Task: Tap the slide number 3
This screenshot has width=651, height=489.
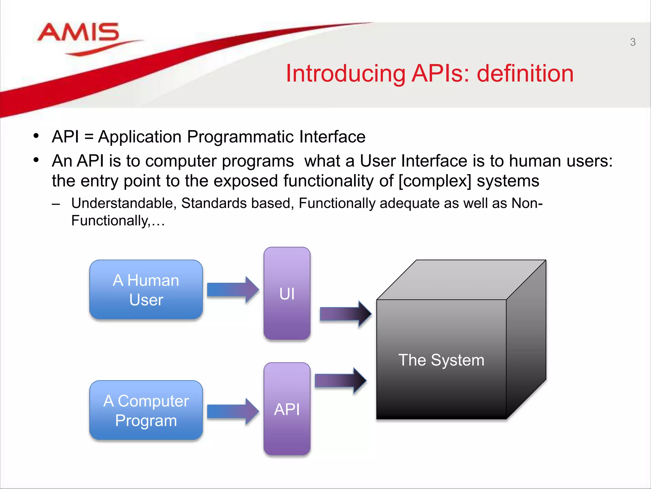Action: tap(633, 42)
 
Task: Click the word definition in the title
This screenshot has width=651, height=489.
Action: tap(525, 74)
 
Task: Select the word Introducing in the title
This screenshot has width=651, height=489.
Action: tap(345, 74)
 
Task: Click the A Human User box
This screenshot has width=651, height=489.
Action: tap(146, 290)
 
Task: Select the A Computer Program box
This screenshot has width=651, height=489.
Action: tap(146, 410)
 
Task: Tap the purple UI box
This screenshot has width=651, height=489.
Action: tap(287, 293)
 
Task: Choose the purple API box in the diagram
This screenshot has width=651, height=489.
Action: tap(287, 409)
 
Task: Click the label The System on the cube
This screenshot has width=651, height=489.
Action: tap(441, 360)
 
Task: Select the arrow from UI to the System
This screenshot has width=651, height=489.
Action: tap(345, 314)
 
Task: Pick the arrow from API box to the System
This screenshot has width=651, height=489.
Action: tap(340, 380)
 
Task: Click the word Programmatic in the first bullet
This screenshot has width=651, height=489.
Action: tap(240, 137)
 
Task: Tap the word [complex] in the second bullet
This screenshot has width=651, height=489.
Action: tap(435, 181)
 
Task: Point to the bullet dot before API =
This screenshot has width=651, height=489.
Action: tap(36, 136)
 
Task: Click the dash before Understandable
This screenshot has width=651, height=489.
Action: tap(56, 204)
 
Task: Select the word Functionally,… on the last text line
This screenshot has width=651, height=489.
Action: tap(118, 221)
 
